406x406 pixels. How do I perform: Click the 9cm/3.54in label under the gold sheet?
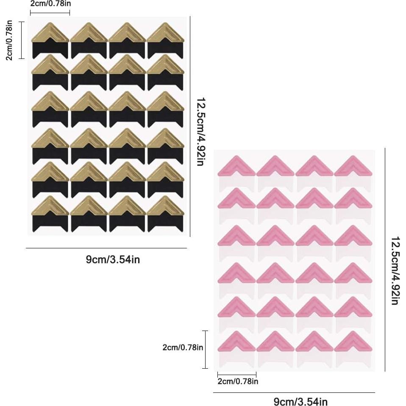pyautogui.click(x=113, y=259)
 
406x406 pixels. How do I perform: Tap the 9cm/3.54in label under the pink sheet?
pyautogui.click(x=300, y=401)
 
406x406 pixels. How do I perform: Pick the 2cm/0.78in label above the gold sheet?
pyautogui.click(x=50, y=3)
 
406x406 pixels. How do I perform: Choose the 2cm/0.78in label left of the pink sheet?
pyautogui.click(x=183, y=348)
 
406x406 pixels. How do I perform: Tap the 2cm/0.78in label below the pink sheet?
pyautogui.click(x=238, y=381)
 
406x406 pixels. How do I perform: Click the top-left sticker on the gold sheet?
pyautogui.click(x=50, y=40)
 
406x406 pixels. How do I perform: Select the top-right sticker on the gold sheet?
pyautogui.click(x=166, y=40)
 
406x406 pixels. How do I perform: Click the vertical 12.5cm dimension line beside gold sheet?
pyautogui.click(x=190, y=127)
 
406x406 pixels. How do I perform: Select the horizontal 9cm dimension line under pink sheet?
pyautogui.click(x=294, y=392)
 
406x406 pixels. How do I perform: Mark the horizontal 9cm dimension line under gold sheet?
pyautogui.click(x=106, y=248)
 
